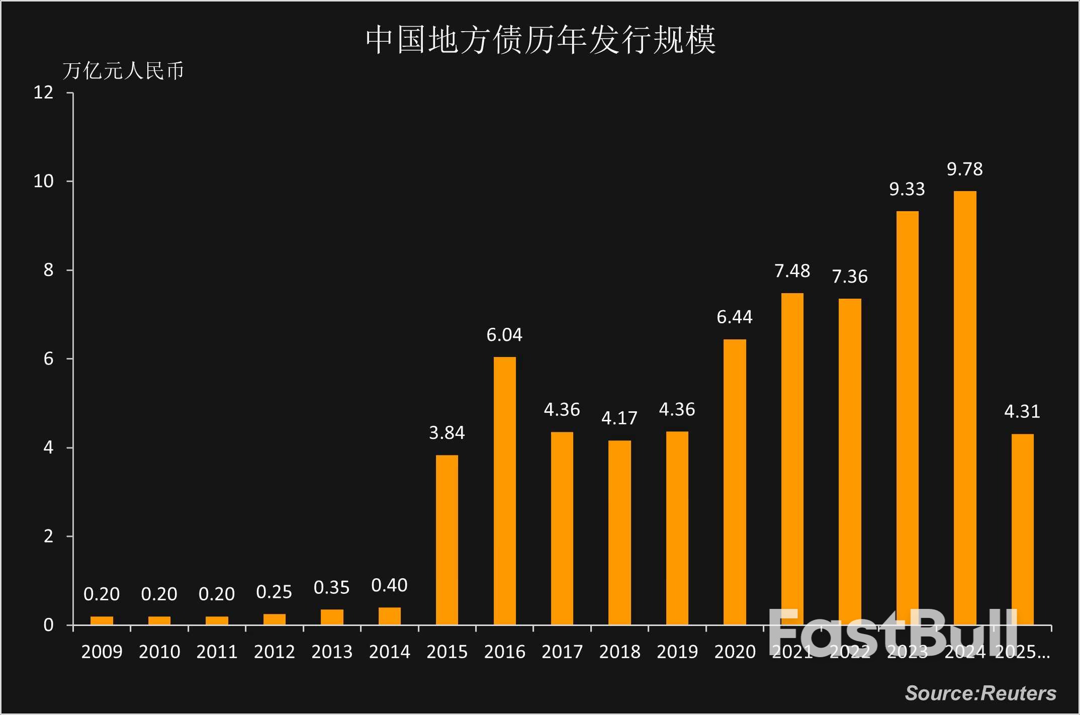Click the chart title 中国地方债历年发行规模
click(x=541, y=40)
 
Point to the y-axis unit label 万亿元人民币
click(x=123, y=71)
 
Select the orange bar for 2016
click(x=504, y=490)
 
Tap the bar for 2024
click(x=964, y=407)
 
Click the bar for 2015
click(x=446, y=540)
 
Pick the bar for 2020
click(x=735, y=482)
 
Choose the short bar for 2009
click(x=102, y=620)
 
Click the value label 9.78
click(x=964, y=169)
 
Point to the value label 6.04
click(x=504, y=335)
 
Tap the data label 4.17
click(x=619, y=418)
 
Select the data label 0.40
click(x=389, y=585)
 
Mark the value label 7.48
click(x=792, y=271)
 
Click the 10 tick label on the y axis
click(x=44, y=182)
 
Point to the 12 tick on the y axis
click(x=44, y=93)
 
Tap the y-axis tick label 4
click(x=48, y=448)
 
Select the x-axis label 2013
click(x=332, y=652)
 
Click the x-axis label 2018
click(x=619, y=652)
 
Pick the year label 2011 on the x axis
click(x=217, y=652)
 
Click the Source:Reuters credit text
click(x=980, y=693)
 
